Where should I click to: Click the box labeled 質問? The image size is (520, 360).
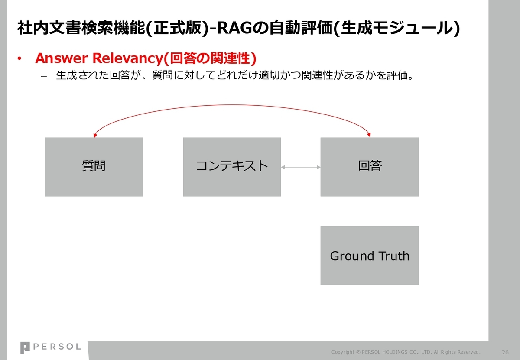(94, 167)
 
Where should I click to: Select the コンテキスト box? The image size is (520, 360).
(232, 167)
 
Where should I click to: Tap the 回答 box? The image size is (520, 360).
(370, 167)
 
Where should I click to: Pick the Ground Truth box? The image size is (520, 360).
(370, 255)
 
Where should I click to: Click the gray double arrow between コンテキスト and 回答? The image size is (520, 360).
(301, 167)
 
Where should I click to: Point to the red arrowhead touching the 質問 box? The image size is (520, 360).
(95, 135)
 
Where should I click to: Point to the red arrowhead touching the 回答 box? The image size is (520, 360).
(369, 135)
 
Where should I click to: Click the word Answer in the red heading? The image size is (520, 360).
(62, 58)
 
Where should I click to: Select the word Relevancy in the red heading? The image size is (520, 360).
(128, 58)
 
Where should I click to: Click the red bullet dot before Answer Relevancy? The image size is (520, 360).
(19, 58)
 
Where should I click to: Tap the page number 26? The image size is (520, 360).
(505, 352)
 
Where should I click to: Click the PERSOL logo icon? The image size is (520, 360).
(25, 348)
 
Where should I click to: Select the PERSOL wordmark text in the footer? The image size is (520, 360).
(57, 347)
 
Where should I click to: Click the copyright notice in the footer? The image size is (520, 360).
(406, 352)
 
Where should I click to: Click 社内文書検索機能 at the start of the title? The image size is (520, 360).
(81, 28)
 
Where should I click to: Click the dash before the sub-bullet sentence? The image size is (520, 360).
(44, 76)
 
